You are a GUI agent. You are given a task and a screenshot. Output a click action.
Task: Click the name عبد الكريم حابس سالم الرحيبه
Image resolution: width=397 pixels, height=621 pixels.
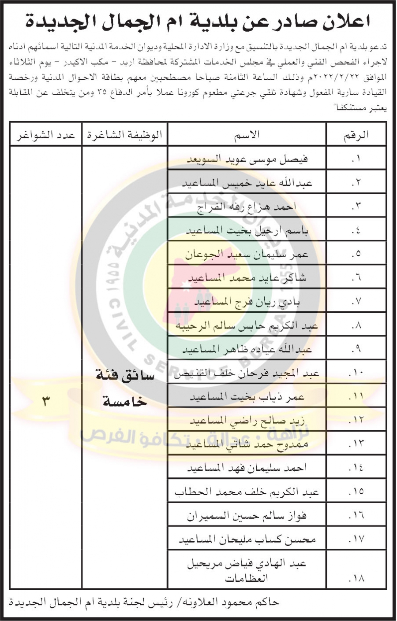[247, 326]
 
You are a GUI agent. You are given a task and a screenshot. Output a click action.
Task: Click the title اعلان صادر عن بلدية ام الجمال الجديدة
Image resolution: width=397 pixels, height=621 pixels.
[198, 21]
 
